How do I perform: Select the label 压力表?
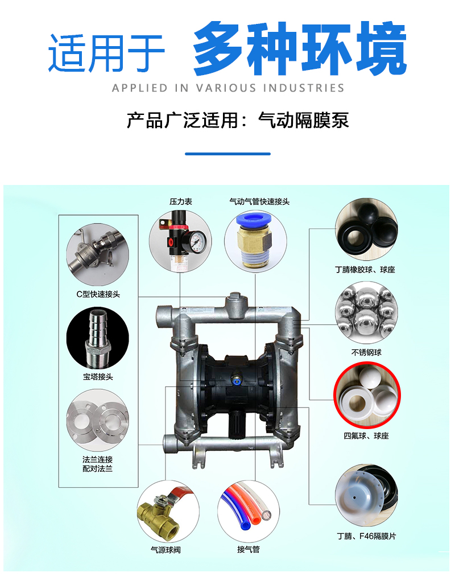point(180,202)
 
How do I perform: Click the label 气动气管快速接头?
point(259,202)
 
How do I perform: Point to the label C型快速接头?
point(98,294)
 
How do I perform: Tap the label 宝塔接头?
point(98,377)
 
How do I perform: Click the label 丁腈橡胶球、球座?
point(365,270)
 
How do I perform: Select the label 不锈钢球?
point(366,353)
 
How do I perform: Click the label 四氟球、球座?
point(366,436)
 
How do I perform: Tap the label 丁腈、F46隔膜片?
point(367,536)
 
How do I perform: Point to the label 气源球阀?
point(166,550)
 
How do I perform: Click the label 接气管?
point(249,549)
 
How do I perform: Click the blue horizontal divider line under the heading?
point(228,154)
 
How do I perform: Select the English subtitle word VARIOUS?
point(226,88)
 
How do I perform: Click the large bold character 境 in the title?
point(380,48)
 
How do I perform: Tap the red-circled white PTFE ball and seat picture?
point(367,395)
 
